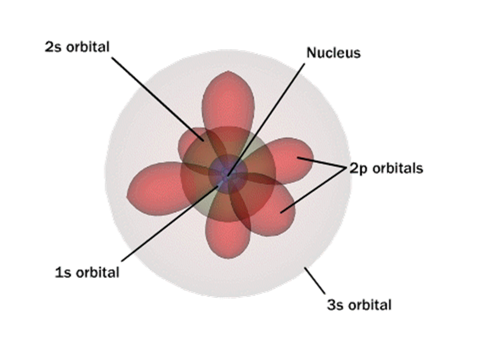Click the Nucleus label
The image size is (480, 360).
pyautogui.click(x=333, y=52)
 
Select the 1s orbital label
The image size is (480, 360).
pyautogui.click(x=87, y=272)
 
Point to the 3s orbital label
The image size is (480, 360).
pyautogui.click(x=359, y=304)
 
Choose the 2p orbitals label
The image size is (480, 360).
pyautogui.click(x=386, y=168)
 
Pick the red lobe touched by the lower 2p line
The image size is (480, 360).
pyautogui.click(x=277, y=212)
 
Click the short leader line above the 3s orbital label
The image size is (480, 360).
pyautogui.click(x=315, y=281)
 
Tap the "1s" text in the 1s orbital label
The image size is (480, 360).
pyautogui.click(x=62, y=272)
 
